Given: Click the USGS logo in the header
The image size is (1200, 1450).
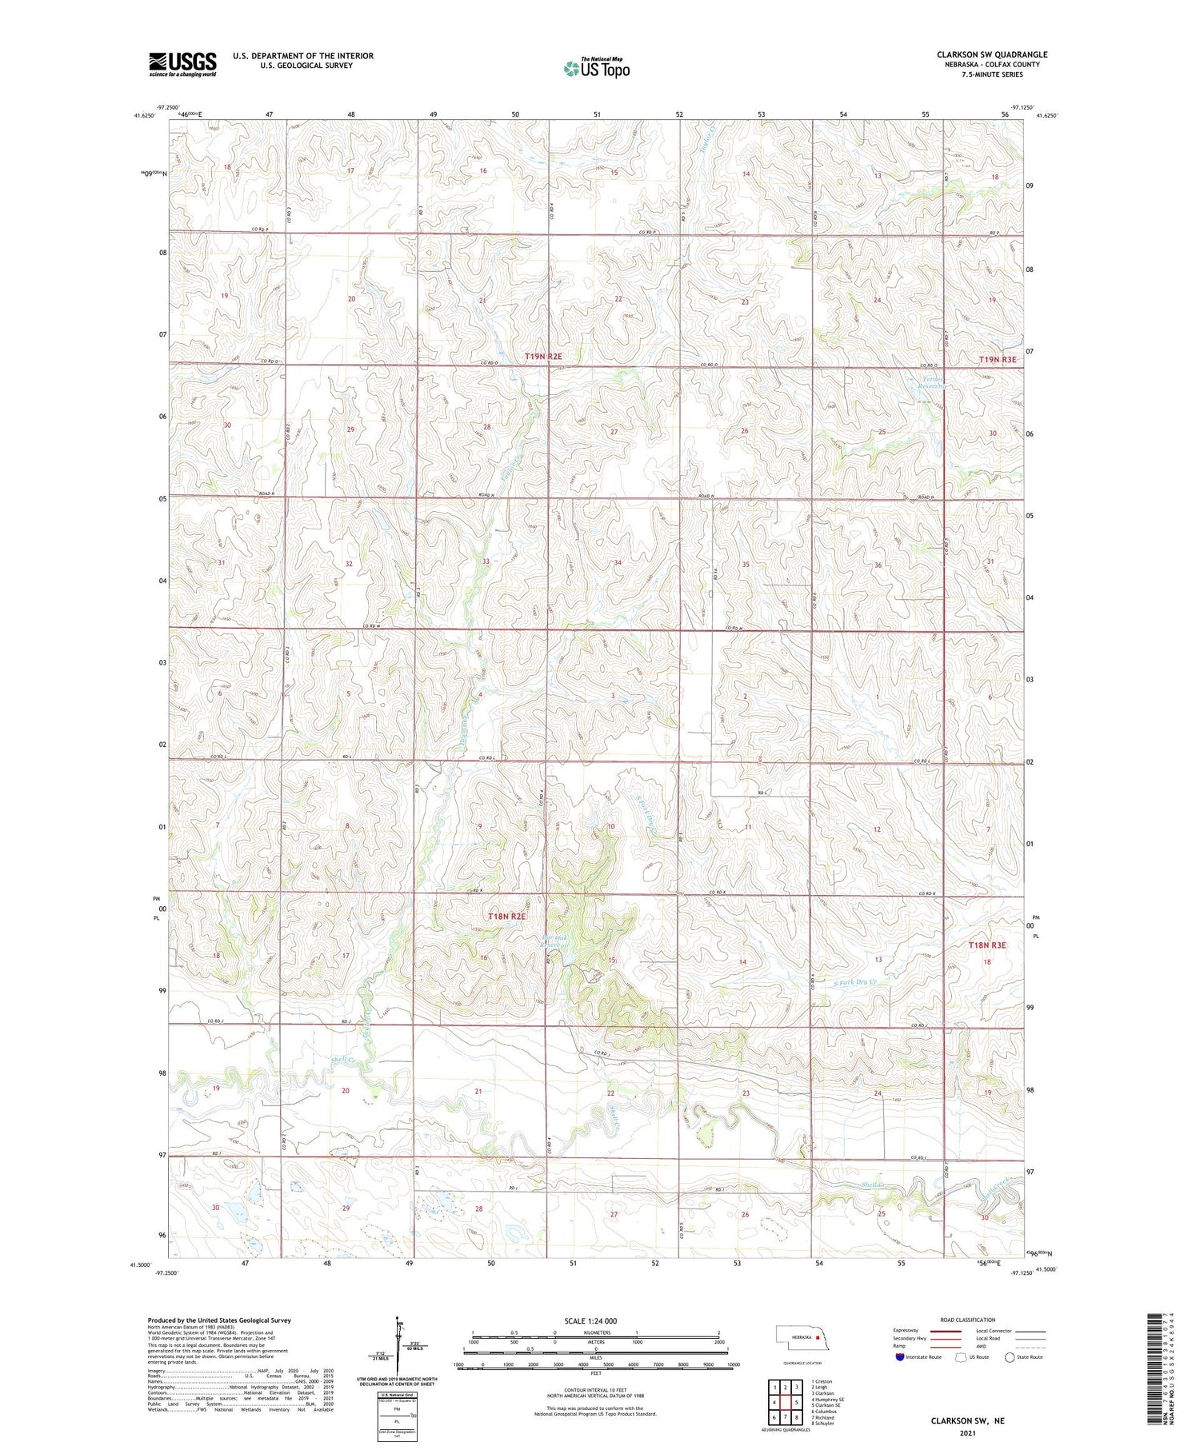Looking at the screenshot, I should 182,64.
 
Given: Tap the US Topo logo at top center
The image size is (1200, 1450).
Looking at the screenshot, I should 596,68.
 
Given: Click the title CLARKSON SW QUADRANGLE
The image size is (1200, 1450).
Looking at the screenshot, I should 992,54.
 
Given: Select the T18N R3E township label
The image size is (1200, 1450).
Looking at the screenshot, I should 986,945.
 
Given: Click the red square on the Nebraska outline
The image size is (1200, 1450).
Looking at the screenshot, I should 818,1336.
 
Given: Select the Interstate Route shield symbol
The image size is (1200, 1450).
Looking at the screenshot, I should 900,1357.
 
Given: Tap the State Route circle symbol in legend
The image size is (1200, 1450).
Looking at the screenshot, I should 1010,1357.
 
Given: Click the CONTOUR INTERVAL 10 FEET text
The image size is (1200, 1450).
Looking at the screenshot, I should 595,1392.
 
